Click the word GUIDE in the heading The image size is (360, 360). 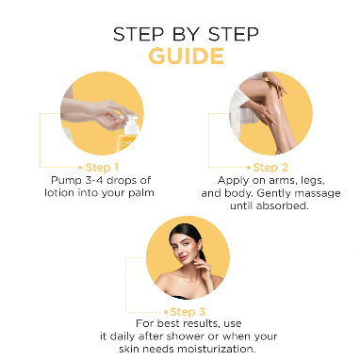[186, 57]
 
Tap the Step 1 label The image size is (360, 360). [102, 168]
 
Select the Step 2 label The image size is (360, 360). [270, 168]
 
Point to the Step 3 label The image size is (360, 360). [188, 312]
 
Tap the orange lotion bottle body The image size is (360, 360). [128, 143]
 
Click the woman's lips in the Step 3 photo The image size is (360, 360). [184, 257]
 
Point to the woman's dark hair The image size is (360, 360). [188, 233]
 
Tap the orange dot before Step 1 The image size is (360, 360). [80, 168]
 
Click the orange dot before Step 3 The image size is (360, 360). [166, 312]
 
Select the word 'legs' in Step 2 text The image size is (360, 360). [312, 181]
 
